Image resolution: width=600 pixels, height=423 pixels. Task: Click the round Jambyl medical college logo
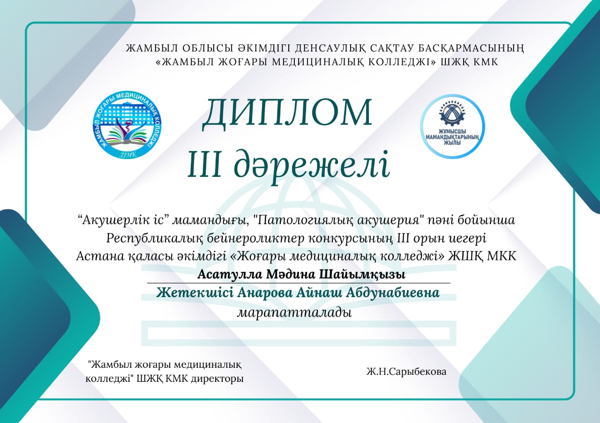(127, 125)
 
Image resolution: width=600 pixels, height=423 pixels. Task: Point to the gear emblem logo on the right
(452, 126)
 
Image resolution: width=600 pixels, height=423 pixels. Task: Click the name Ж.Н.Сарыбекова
(406, 372)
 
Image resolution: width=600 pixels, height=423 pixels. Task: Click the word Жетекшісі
(195, 293)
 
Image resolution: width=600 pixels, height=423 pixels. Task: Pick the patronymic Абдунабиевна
(393, 293)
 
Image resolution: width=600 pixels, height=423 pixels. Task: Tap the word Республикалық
(155, 239)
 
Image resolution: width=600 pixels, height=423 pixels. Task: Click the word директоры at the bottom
(217, 379)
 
